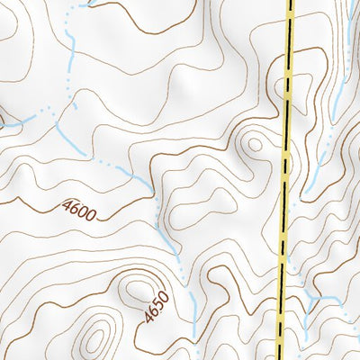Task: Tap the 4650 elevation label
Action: [x=155, y=307]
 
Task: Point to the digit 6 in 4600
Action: [x=75, y=208]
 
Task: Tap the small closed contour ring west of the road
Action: [x=255, y=143]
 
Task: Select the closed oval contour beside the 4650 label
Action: [x=137, y=291]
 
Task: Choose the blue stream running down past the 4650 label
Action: [x=191, y=306]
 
